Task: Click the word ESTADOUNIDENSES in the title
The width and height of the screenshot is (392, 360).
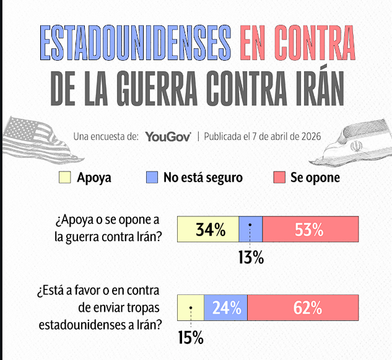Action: (135, 43)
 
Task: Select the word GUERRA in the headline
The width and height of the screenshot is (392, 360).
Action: (157, 88)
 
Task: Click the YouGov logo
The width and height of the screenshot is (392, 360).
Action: (168, 136)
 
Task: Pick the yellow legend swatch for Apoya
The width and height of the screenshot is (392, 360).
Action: (65, 177)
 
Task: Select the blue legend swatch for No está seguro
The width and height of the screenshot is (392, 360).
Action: (152, 177)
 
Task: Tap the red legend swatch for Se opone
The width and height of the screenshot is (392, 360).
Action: (279, 177)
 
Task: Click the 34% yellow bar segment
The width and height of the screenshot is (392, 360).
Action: (208, 229)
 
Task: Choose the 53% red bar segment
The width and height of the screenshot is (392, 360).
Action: (310, 229)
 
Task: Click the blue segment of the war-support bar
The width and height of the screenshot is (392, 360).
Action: (251, 229)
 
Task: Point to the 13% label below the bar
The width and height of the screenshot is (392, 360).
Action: (251, 257)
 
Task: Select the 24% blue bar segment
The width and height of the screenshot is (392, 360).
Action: (226, 307)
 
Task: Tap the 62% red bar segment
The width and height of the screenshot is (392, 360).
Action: (303, 307)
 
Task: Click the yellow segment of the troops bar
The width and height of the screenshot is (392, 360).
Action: (191, 307)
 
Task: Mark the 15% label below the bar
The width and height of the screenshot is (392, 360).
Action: (191, 338)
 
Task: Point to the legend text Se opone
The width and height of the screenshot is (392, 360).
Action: (315, 178)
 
